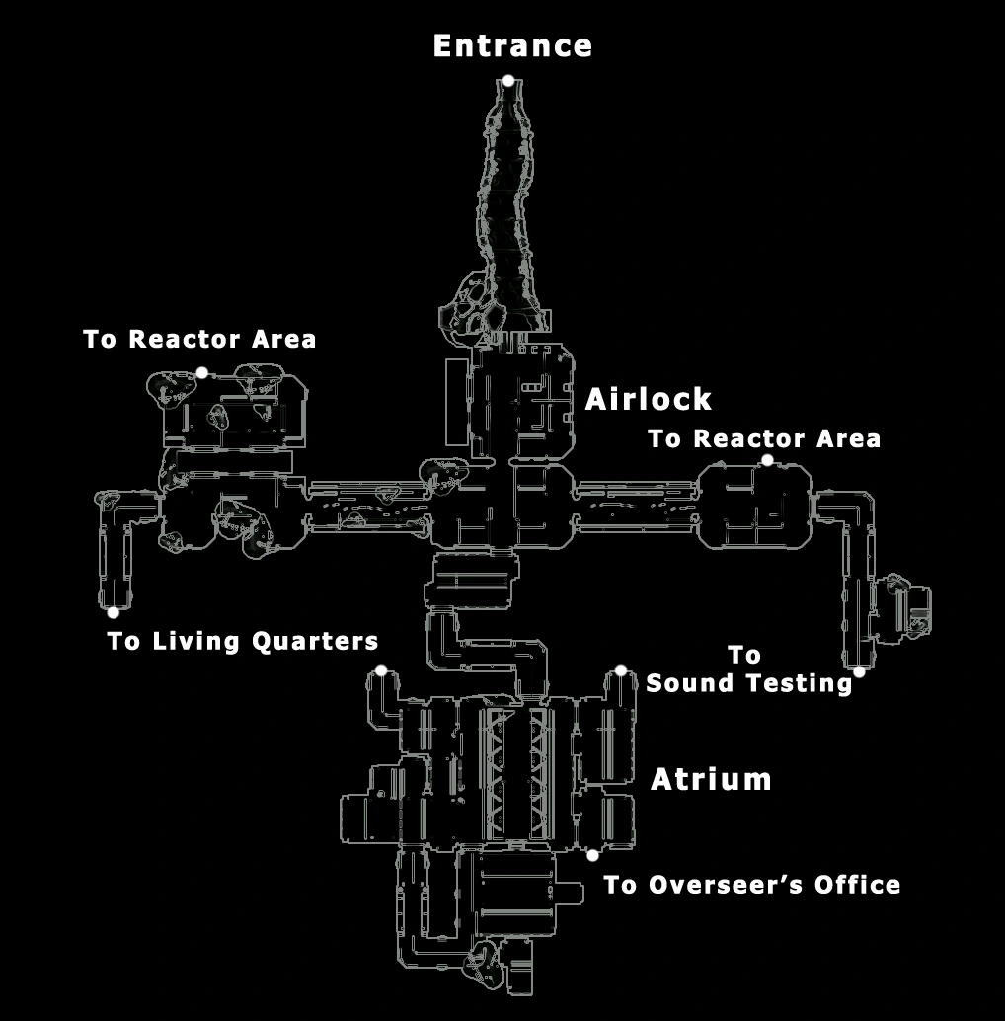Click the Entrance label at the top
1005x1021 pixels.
click(x=512, y=46)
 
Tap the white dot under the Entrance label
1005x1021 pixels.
click(x=507, y=81)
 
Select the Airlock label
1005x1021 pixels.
click(x=648, y=399)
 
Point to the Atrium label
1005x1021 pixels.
click(x=711, y=780)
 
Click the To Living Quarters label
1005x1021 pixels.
click(x=242, y=642)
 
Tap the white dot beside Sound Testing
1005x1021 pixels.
click(x=859, y=672)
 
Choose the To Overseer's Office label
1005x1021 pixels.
click(x=751, y=885)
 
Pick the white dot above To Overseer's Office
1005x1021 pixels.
click(x=592, y=855)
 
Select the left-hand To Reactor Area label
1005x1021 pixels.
click(x=199, y=340)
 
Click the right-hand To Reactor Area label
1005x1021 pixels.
click(x=764, y=438)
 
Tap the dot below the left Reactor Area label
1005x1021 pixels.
click(x=201, y=372)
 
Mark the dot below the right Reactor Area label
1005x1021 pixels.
click(x=767, y=460)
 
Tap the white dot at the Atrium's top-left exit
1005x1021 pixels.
click(x=381, y=670)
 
